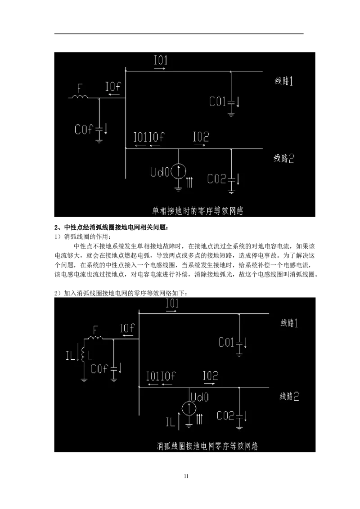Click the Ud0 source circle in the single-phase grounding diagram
[x=179, y=170]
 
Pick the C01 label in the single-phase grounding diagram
[x=217, y=102]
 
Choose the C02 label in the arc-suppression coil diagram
[x=225, y=416]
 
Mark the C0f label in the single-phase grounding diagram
[x=83, y=130]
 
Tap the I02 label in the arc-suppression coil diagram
[x=210, y=375]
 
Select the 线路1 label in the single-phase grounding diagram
[x=284, y=81]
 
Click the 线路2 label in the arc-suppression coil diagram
[x=290, y=397]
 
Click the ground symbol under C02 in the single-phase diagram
[x=231, y=192]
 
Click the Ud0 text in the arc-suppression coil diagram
[x=199, y=397]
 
